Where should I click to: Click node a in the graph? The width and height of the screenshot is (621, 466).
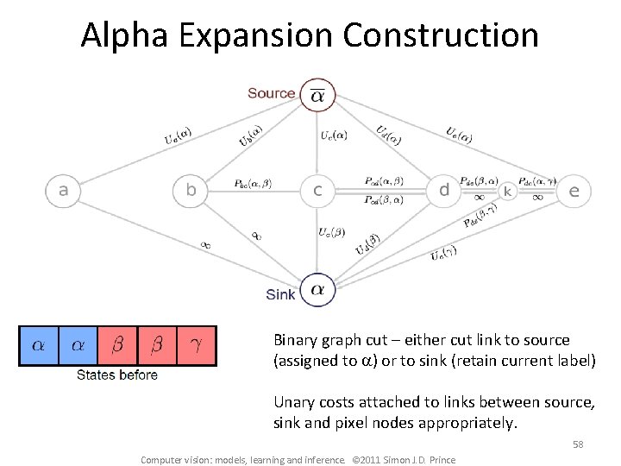pos(63,190)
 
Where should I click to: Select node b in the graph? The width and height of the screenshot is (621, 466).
pos(191,190)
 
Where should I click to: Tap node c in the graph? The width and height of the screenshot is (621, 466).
pos(317,190)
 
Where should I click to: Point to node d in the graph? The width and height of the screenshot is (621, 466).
pos(444,190)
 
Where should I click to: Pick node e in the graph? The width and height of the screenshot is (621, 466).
pos(574,191)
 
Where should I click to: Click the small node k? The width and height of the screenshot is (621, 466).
pos(508,191)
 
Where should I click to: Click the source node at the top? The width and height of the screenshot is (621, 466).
pos(317,96)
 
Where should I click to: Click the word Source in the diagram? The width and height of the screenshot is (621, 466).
pos(272,93)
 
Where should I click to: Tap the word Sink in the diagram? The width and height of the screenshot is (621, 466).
pos(280,294)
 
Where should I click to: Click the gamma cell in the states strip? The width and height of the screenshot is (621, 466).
pos(196,345)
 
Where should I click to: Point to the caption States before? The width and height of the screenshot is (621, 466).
pos(117,375)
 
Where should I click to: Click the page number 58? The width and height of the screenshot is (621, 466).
pos(578,444)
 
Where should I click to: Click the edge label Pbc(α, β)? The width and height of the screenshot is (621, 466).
pos(253,184)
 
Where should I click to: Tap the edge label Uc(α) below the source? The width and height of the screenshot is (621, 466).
pos(334,135)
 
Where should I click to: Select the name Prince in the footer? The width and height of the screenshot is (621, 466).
pos(440,459)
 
